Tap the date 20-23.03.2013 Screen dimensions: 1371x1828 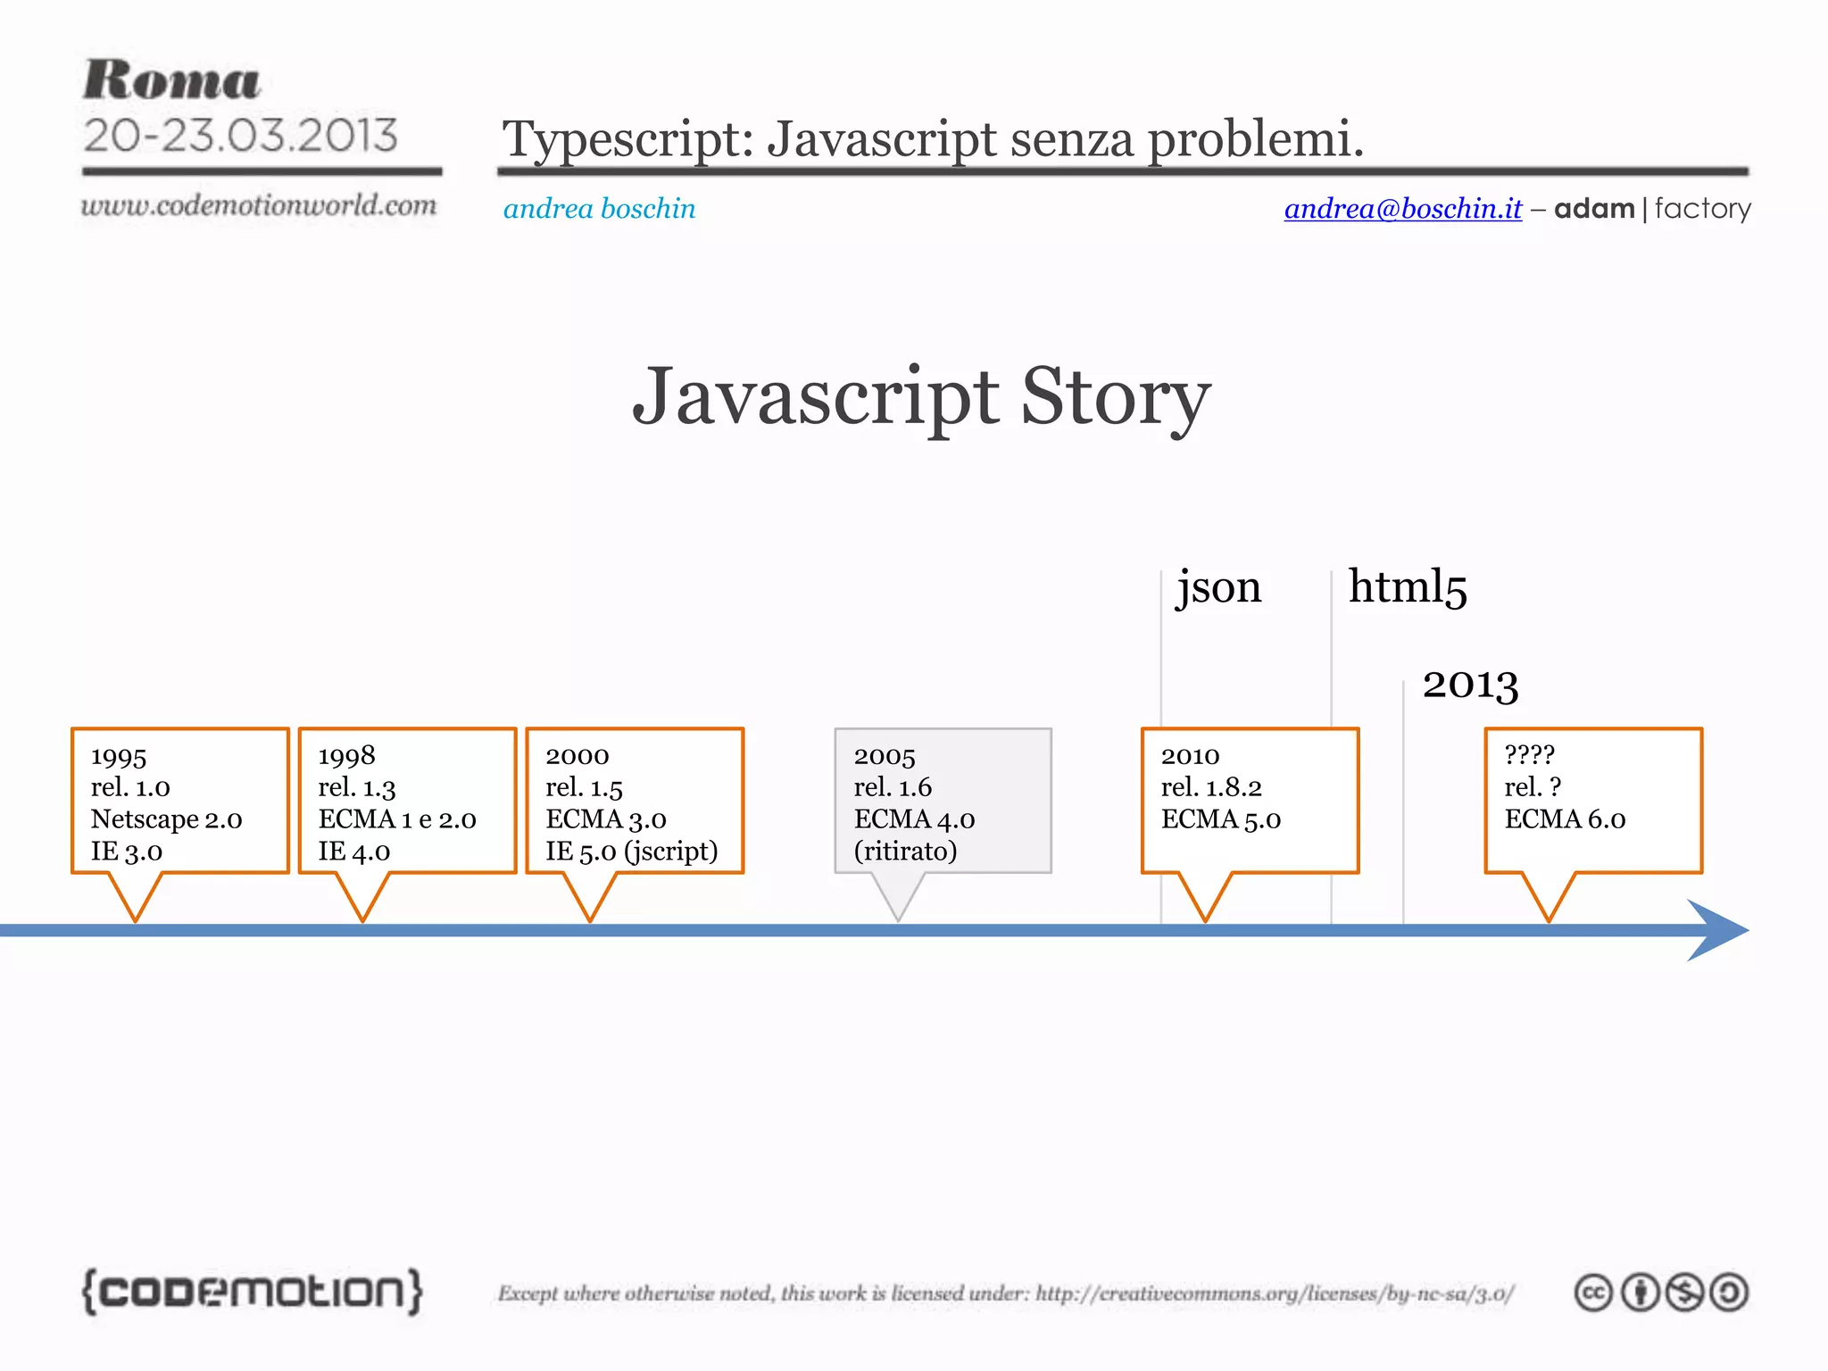point(240,136)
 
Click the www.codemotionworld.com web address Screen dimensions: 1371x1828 point(259,205)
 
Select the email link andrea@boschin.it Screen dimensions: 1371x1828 point(1402,208)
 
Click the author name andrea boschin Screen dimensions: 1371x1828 point(599,208)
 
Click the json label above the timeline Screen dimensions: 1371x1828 point(1218,587)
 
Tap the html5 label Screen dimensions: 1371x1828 point(1408,587)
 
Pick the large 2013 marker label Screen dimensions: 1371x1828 point(1470,685)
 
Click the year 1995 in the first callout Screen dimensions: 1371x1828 point(119,757)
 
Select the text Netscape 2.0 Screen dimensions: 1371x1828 point(166,819)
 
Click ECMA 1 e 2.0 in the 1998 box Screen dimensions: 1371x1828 point(397,819)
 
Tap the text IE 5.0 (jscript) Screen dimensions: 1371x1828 point(632,852)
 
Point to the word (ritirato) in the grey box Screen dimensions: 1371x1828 point(905,852)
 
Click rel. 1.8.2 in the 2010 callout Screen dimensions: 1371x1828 point(1211,787)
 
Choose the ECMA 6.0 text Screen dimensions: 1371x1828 point(1565,819)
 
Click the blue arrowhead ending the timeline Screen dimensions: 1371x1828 point(1718,930)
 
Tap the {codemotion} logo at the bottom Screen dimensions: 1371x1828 point(253,1292)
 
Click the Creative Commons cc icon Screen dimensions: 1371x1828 point(1593,1292)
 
